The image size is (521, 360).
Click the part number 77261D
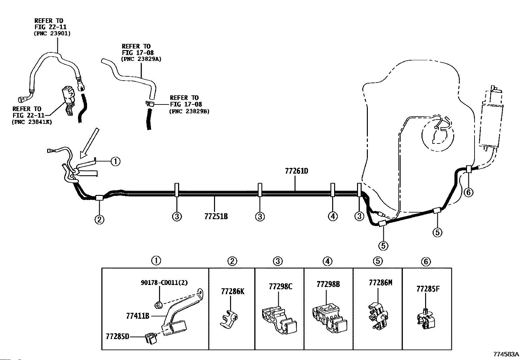(x=296, y=171)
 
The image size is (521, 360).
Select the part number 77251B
(x=216, y=217)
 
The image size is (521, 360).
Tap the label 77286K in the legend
(x=233, y=292)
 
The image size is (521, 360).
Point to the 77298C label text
(x=280, y=286)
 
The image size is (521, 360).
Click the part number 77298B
(x=328, y=284)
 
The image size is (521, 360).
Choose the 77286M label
(x=381, y=283)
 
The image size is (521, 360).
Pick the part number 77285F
(x=428, y=289)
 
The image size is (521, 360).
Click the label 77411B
(x=138, y=316)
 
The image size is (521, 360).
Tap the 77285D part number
(x=117, y=336)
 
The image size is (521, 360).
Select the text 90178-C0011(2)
(x=164, y=282)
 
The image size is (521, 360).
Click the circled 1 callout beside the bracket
(x=116, y=161)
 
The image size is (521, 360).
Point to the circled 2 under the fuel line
(x=99, y=219)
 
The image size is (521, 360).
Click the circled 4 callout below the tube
(x=332, y=216)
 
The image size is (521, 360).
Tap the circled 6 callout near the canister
(x=468, y=192)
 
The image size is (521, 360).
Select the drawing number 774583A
(x=506, y=354)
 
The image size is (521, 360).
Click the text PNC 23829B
(x=189, y=111)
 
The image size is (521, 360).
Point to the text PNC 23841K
(x=32, y=122)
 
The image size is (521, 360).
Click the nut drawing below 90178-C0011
(x=158, y=305)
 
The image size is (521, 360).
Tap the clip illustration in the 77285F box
(x=426, y=319)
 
